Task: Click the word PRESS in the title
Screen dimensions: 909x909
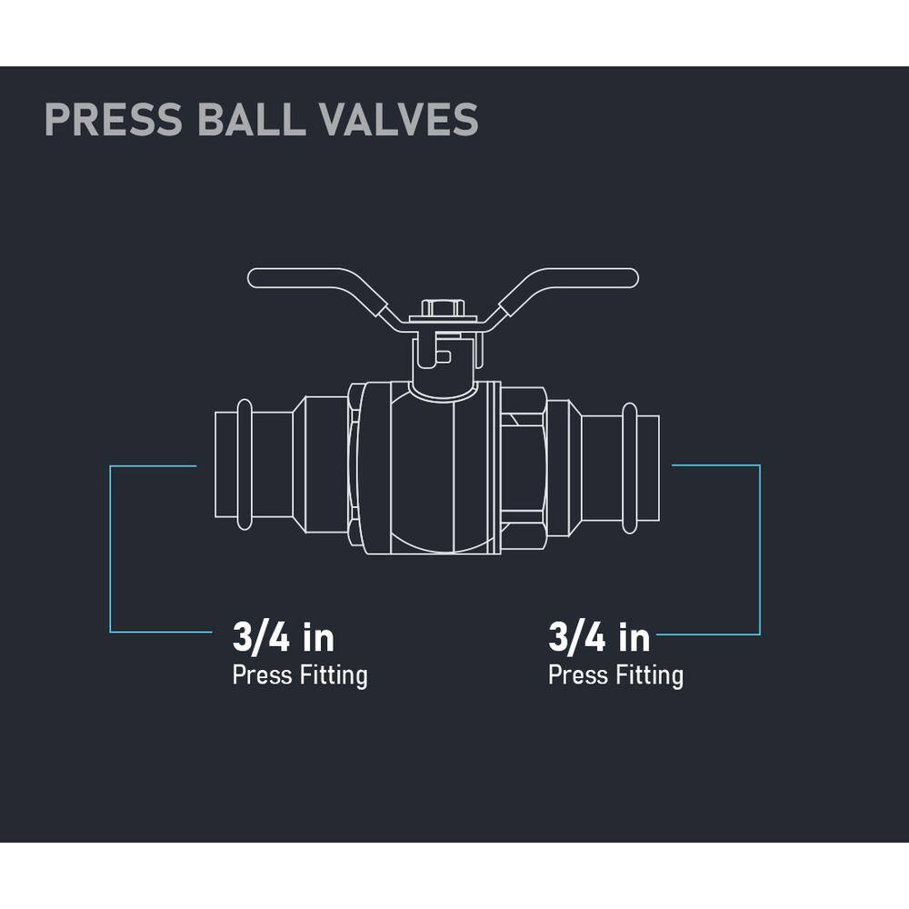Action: [x=114, y=119]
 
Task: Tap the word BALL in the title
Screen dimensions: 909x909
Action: [x=249, y=119]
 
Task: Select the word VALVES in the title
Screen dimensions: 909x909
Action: [x=399, y=119]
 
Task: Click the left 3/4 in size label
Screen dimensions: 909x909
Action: [x=284, y=638]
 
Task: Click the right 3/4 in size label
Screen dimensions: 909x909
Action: [x=599, y=638]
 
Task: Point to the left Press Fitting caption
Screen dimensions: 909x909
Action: [x=300, y=676]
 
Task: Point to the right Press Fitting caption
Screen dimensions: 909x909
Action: [x=615, y=676]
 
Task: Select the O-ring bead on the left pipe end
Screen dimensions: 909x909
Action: [x=245, y=464]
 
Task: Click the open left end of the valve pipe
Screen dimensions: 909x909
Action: [x=215, y=464]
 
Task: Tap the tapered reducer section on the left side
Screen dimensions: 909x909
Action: [x=299, y=464]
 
